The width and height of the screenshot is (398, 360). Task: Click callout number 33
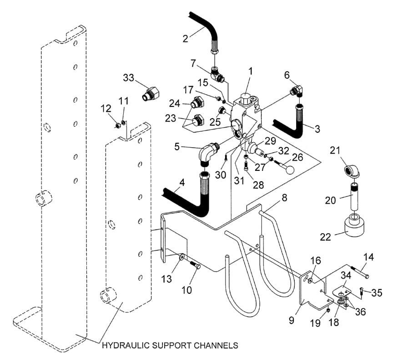pyautogui.click(x=128, y=78)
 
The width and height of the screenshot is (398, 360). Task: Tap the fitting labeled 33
pyautogui.click(x=150, y=94)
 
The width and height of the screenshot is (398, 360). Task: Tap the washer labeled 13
pyautogui.click(x=182, y=257)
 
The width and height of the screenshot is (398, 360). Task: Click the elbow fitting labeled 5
pyautogui.click(x=208, y=154)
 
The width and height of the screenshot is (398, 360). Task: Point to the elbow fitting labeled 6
pyautogui.click(x=297, y=91)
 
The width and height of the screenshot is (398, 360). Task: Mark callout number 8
pyautogui.click(x=284, y=198)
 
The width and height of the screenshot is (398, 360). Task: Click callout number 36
pyautogui.click(x=360, y=311)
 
